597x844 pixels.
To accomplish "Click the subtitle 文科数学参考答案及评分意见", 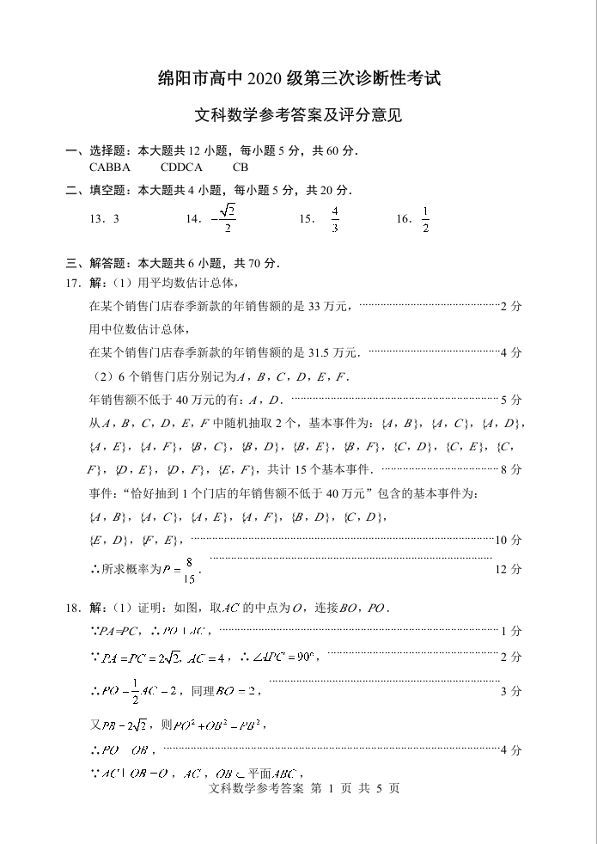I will [298, 114].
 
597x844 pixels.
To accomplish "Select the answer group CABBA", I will [110, 167].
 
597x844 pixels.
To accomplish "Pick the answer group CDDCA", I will [181, 167].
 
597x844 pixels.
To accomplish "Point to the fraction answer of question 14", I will [226, 218].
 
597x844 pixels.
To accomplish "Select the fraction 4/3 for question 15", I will [334, 219].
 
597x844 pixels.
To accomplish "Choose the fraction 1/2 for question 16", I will [424, 219].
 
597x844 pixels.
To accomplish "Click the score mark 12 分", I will [509, 569].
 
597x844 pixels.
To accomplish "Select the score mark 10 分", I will [509, 540].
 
